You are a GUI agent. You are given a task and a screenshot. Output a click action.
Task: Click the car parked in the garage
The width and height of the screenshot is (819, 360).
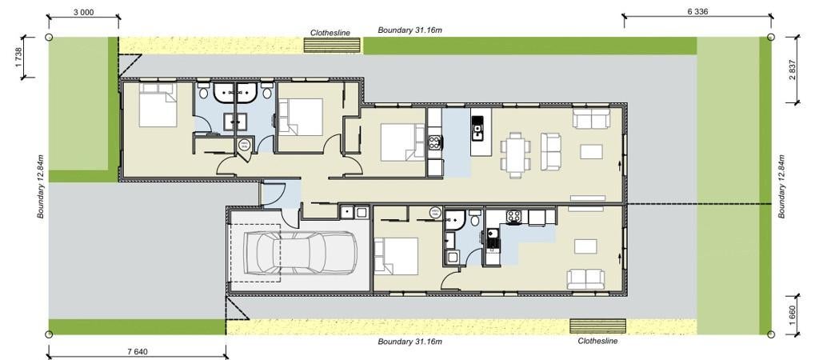[x=301, y=252]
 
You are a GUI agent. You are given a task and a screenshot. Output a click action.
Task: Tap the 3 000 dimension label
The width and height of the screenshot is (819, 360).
[x=83, y=12]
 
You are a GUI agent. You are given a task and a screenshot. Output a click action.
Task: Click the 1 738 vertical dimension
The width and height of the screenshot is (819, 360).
[x=19, y=58]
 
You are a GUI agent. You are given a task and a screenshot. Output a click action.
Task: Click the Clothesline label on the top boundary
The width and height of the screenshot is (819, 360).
[x=330, y=32]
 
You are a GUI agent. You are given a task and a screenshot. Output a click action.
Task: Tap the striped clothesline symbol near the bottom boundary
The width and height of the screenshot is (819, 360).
[x=597, y=326]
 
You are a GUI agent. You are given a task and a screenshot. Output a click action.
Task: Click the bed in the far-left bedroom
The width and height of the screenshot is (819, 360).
[x=158, y=105]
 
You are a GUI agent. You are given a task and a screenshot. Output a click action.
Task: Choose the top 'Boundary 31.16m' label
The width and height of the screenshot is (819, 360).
[x=410, y=30]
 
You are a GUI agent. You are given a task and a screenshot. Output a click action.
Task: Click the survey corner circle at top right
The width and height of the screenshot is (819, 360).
[x=771, y=37]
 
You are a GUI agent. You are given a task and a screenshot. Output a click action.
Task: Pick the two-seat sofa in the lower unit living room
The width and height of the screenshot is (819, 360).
[x=586, y=279]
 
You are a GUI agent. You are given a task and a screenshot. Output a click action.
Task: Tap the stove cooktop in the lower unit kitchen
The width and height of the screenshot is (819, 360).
[x=513, y=217]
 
